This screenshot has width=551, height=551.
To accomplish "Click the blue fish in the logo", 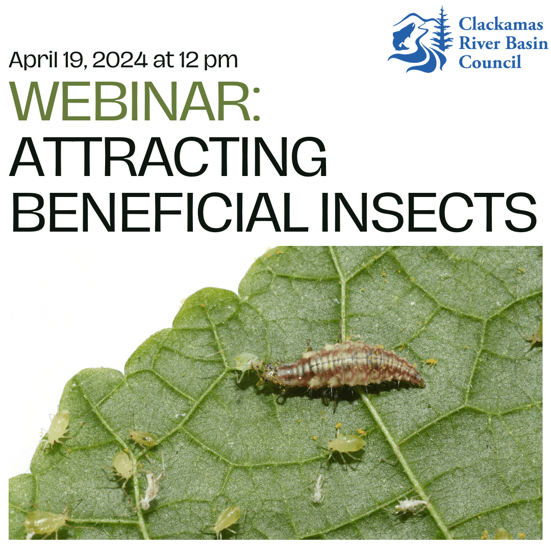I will [x=405, y=37].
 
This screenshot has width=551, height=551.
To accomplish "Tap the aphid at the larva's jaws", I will [x=247, y=363].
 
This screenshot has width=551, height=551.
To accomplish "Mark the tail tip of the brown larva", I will [x=421, y=381].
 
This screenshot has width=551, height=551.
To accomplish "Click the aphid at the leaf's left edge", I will [x=57, y=425].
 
